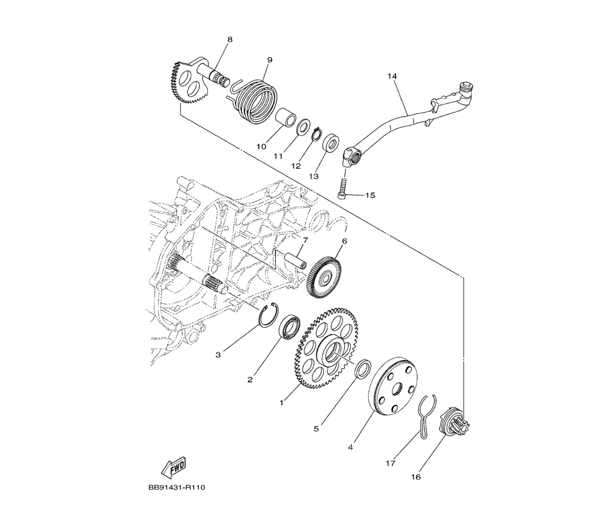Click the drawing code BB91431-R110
coord(177,488)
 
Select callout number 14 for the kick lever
coord(392,76)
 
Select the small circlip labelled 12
coord(317,135)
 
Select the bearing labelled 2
coord(289,328)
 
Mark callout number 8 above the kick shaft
coord(230,39)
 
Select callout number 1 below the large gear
coord(281,403)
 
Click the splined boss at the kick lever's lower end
coord(352,155)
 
